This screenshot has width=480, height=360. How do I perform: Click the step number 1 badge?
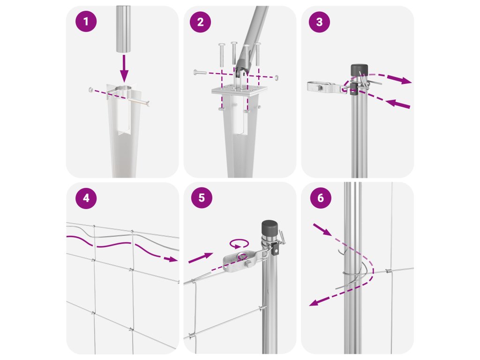86,22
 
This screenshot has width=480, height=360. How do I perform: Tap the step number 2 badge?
201,22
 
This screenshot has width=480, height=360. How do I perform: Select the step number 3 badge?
319,22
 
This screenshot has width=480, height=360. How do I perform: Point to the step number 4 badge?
86,198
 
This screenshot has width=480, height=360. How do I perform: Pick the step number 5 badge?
202,198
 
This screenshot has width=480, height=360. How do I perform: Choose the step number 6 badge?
321,198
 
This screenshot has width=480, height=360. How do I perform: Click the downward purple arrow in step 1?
124,68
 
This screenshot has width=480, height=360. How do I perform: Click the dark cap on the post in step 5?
270,227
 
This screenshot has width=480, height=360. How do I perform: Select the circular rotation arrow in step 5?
240,243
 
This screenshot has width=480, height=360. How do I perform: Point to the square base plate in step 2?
239,90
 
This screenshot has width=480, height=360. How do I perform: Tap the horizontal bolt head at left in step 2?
196,73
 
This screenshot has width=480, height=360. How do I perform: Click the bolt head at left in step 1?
90,90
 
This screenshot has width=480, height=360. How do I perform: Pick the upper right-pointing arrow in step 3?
399,80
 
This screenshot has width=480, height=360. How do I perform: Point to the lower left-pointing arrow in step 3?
397,104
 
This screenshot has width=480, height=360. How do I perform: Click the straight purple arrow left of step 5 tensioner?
201,258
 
